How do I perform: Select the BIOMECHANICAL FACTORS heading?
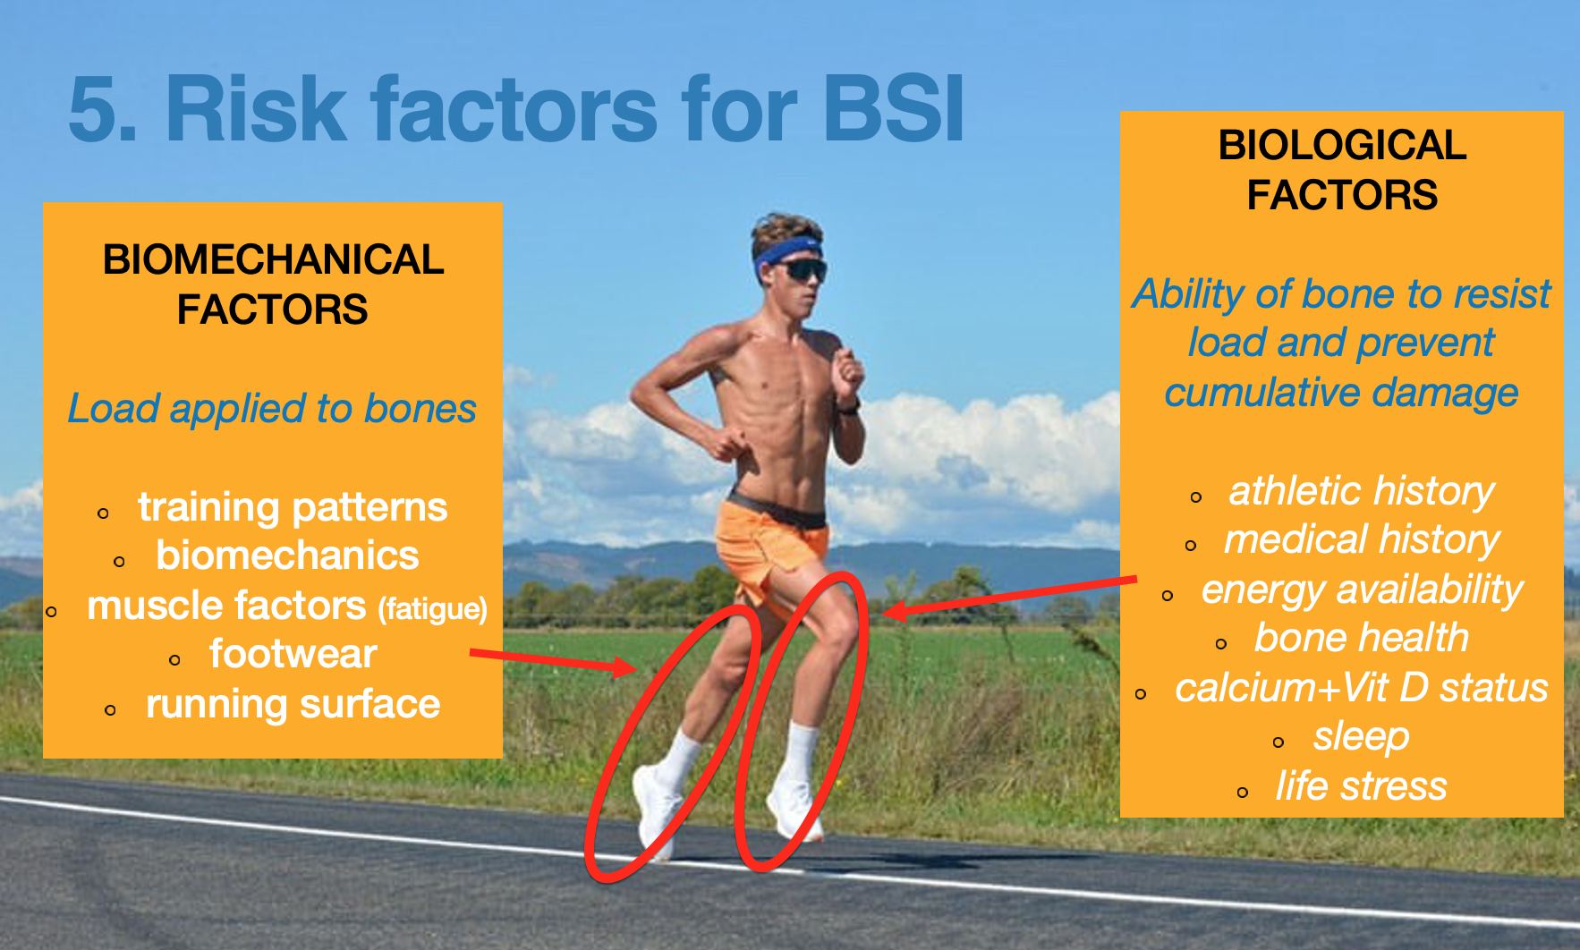click(273, 284)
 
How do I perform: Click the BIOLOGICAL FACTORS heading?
click(1342, 170)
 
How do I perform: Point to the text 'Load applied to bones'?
click(272, 409)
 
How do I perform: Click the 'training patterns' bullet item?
click(293, 507)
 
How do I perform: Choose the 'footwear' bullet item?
click(293, 654)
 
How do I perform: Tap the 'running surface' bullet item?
click(293, 704)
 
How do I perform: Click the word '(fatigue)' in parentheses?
click(433, 609)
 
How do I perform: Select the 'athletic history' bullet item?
click(1362, 491)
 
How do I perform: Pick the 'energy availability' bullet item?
click(1362, 590)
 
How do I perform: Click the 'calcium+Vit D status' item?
click(1362, 688)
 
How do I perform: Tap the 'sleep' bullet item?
click(1362, 737)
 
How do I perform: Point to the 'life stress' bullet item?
click(1362, 786)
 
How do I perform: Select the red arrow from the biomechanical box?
click(553, 662)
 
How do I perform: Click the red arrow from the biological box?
click(1009, 597)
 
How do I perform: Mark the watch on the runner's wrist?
click(848, 407)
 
